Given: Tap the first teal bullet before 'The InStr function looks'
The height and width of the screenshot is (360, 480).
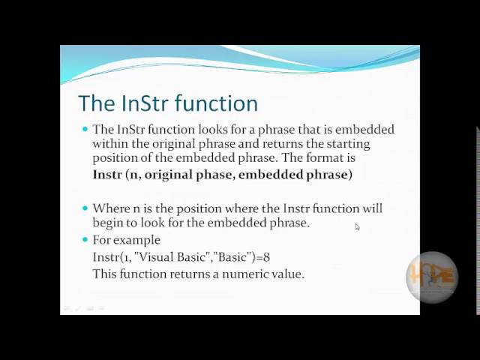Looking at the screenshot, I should [85, 129].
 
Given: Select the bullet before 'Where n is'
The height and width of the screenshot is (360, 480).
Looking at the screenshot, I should [85, 208].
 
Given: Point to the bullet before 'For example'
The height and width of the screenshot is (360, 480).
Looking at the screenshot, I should [85, 240].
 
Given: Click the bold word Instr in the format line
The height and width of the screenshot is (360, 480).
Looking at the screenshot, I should [106, 175].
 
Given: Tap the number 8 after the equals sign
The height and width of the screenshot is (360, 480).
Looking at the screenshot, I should [266, 257].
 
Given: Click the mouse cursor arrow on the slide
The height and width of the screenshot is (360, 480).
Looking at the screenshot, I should [357, 226].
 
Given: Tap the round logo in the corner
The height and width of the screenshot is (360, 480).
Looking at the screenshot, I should [432, 277].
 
